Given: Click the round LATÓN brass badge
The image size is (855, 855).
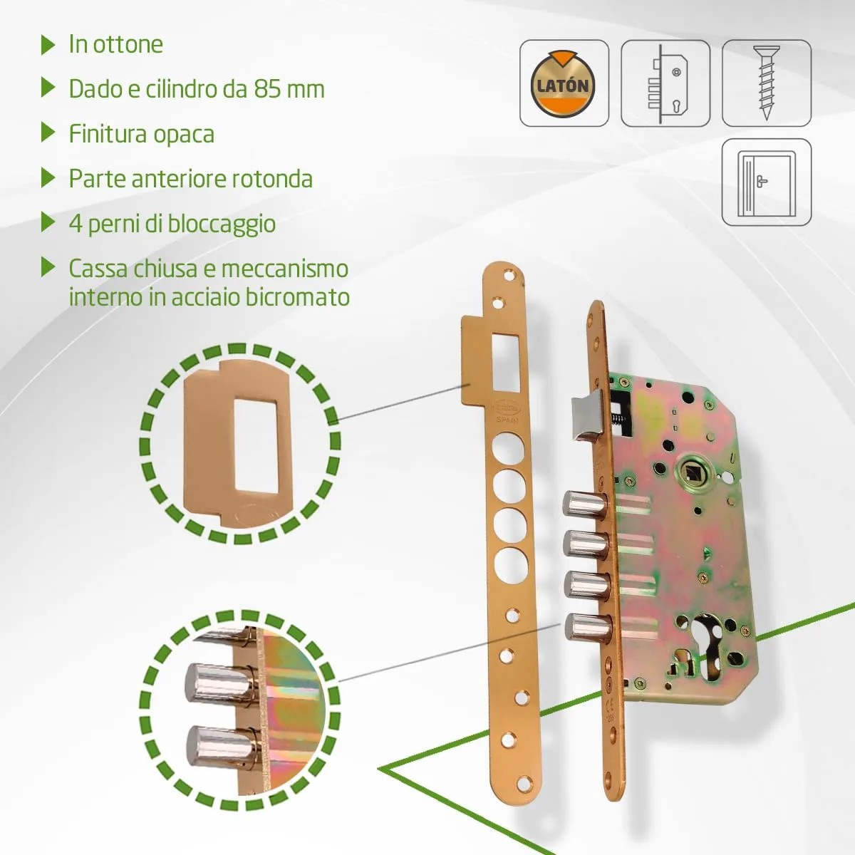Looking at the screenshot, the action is coord(563,84).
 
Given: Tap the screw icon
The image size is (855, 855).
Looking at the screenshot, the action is coord(766,83).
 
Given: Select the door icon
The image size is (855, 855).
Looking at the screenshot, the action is coord(766,182).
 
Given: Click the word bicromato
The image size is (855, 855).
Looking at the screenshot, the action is coord(298,297).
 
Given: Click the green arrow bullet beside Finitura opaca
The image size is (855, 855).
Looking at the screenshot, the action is coord(48,133).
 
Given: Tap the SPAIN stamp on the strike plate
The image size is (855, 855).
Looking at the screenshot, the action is coord(507,420).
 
